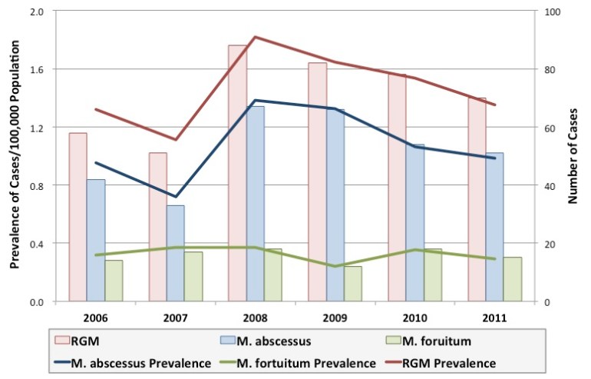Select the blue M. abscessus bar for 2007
pyautogui.click(x=175, y=253)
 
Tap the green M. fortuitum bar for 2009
pyautogui.click(x=352, y=284)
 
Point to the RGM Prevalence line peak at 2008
pyautogui.click(x=255, y=37)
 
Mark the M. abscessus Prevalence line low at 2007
pyautogui.click(x=175, y=197)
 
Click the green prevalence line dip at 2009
pyautogui.click(x=335, y=266)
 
